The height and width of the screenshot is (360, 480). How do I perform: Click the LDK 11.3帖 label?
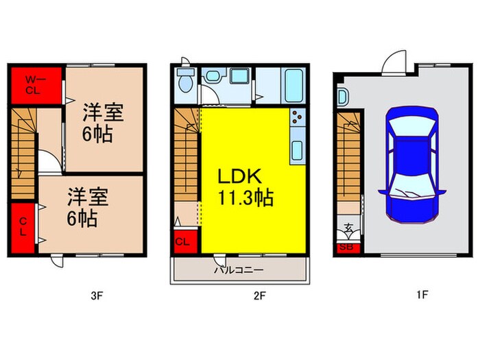(245, 188)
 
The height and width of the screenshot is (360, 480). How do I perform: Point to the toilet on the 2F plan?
(184, 82)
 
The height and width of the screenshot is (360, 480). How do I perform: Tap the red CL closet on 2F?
(183, 241)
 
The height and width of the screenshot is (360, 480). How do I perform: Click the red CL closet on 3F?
(23, 226)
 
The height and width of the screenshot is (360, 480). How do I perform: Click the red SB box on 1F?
(346, 248)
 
